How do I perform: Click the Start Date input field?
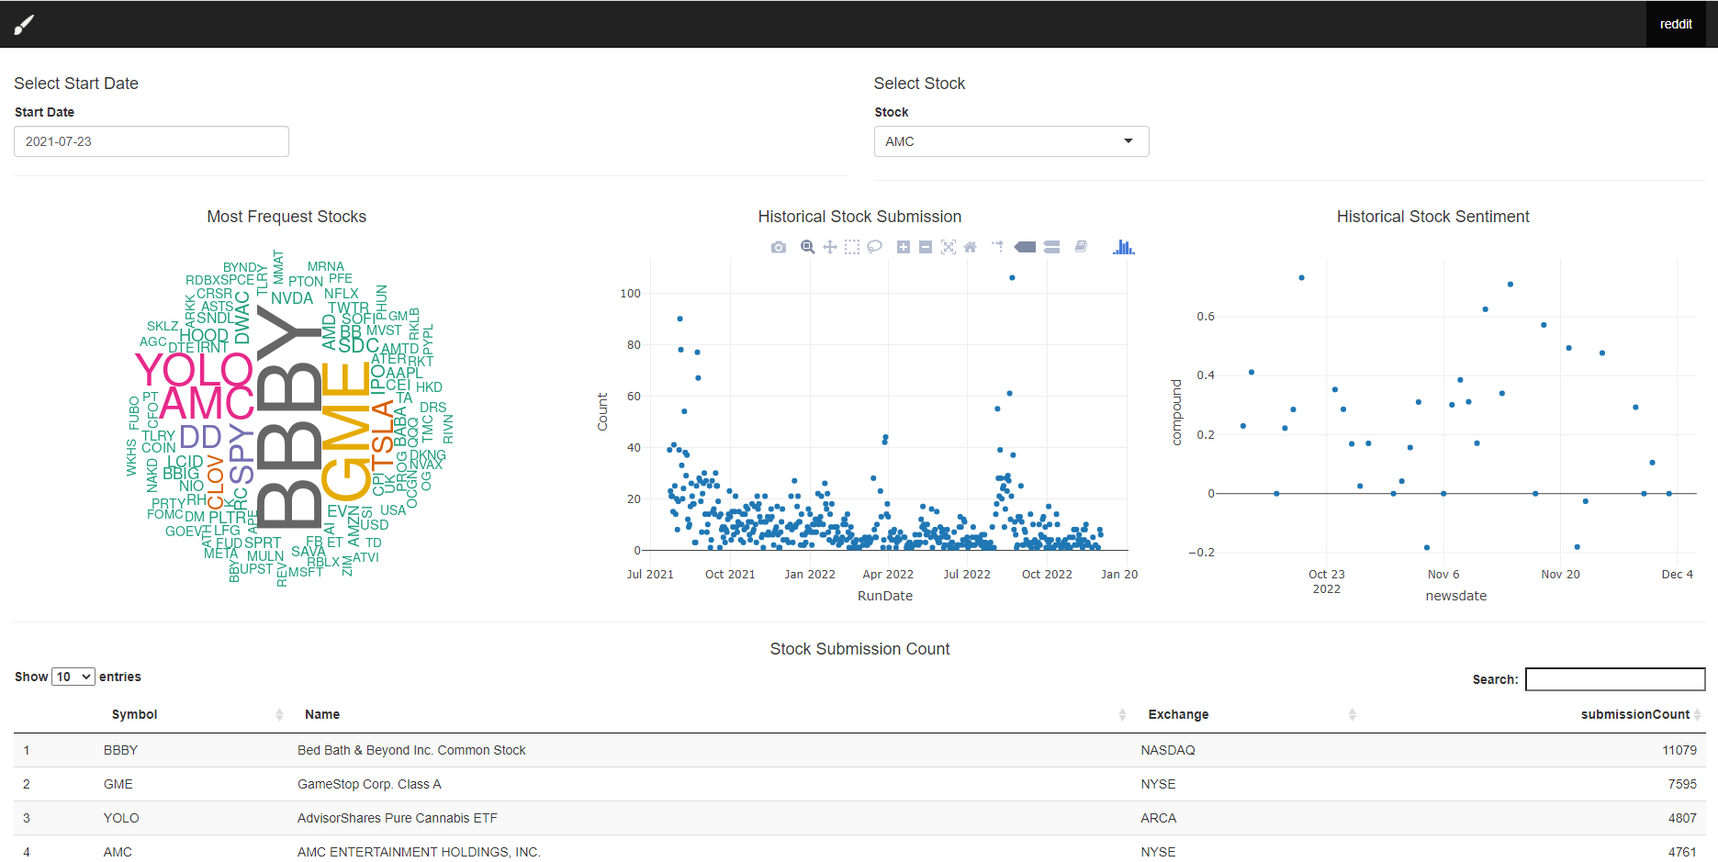point(151,141)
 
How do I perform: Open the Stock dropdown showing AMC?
point(1010,141)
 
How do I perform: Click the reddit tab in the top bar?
point(1675,24)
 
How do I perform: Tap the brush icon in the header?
point(24,25)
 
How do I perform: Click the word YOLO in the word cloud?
point(194,370)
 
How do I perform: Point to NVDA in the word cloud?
point(292,298)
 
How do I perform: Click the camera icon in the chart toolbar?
point(779,247)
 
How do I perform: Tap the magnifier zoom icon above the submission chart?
point(807,247)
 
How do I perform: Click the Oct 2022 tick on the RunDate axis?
point(1047,575)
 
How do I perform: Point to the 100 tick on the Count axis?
point(631,294)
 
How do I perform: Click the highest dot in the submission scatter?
point(1012,277)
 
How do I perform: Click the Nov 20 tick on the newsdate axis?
point(1560,575)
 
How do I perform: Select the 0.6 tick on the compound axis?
point(1205,317)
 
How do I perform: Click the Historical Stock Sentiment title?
point(1432,217)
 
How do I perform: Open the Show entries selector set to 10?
point(73,677)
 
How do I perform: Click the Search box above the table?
point(1614,679)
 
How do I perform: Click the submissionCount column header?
point(1634,714)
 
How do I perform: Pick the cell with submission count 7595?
point(1681,784)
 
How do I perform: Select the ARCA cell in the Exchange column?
point(1158,818)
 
